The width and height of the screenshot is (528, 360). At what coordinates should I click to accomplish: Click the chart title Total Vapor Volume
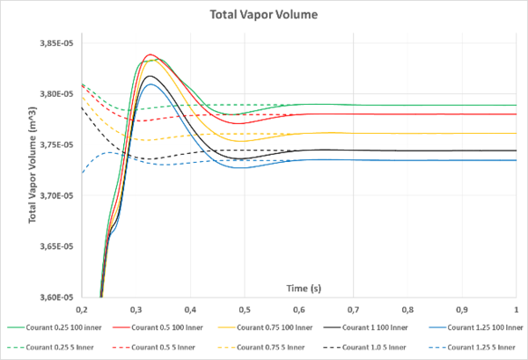point(264,15)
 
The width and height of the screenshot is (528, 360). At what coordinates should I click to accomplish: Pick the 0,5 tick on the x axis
point(244,310)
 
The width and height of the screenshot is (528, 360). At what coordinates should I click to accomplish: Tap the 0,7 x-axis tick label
point(353,310)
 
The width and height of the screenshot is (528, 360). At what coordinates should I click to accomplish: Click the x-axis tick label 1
point(517,310)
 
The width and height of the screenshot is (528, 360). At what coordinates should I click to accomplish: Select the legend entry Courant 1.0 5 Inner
point(365,348)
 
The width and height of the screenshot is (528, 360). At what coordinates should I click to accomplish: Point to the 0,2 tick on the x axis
point(81,310)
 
